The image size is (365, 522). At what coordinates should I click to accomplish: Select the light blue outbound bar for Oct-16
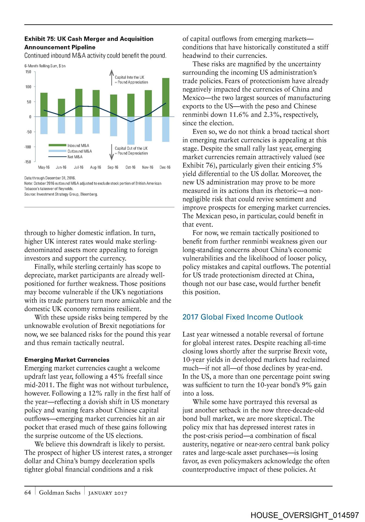pyautogui.click(x=131, y=130)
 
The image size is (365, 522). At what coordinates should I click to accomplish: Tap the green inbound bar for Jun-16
pyautogui.click(x=61, y=108)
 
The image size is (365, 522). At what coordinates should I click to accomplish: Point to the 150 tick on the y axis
pyautogui.click(x=28, y=72)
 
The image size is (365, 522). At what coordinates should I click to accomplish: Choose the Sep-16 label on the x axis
pyautogui.click(x=113, y=167)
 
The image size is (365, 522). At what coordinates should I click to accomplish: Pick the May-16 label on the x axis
pyautogui.click(x=44, y=167)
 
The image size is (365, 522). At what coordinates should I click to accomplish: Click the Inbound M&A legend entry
pyautogui.click(x=78, y=146)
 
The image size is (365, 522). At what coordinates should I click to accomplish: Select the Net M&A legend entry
pyautogui.click(x=75, y=157)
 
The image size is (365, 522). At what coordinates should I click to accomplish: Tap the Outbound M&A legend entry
pyautogui.click(x=79, y=151)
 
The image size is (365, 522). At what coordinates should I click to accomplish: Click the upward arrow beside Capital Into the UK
pyautogui.click(x=112, y=77)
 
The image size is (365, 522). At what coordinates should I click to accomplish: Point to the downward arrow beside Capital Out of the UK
pyautogui.click(x=112, y=152)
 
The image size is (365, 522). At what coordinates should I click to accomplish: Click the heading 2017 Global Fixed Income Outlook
pyautogui.click(x=243, y=317)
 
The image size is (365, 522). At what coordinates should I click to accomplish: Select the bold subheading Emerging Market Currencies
pyautogui.click(x=67, y=360)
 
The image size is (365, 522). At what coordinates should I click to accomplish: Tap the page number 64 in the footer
pyautogui.click(x=28, y=493)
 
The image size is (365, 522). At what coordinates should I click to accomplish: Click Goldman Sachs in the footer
pyautogui.click(x=60, y=493)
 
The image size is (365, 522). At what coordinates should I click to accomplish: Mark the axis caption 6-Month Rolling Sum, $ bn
pyautogui.click(x=45, y=66)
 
